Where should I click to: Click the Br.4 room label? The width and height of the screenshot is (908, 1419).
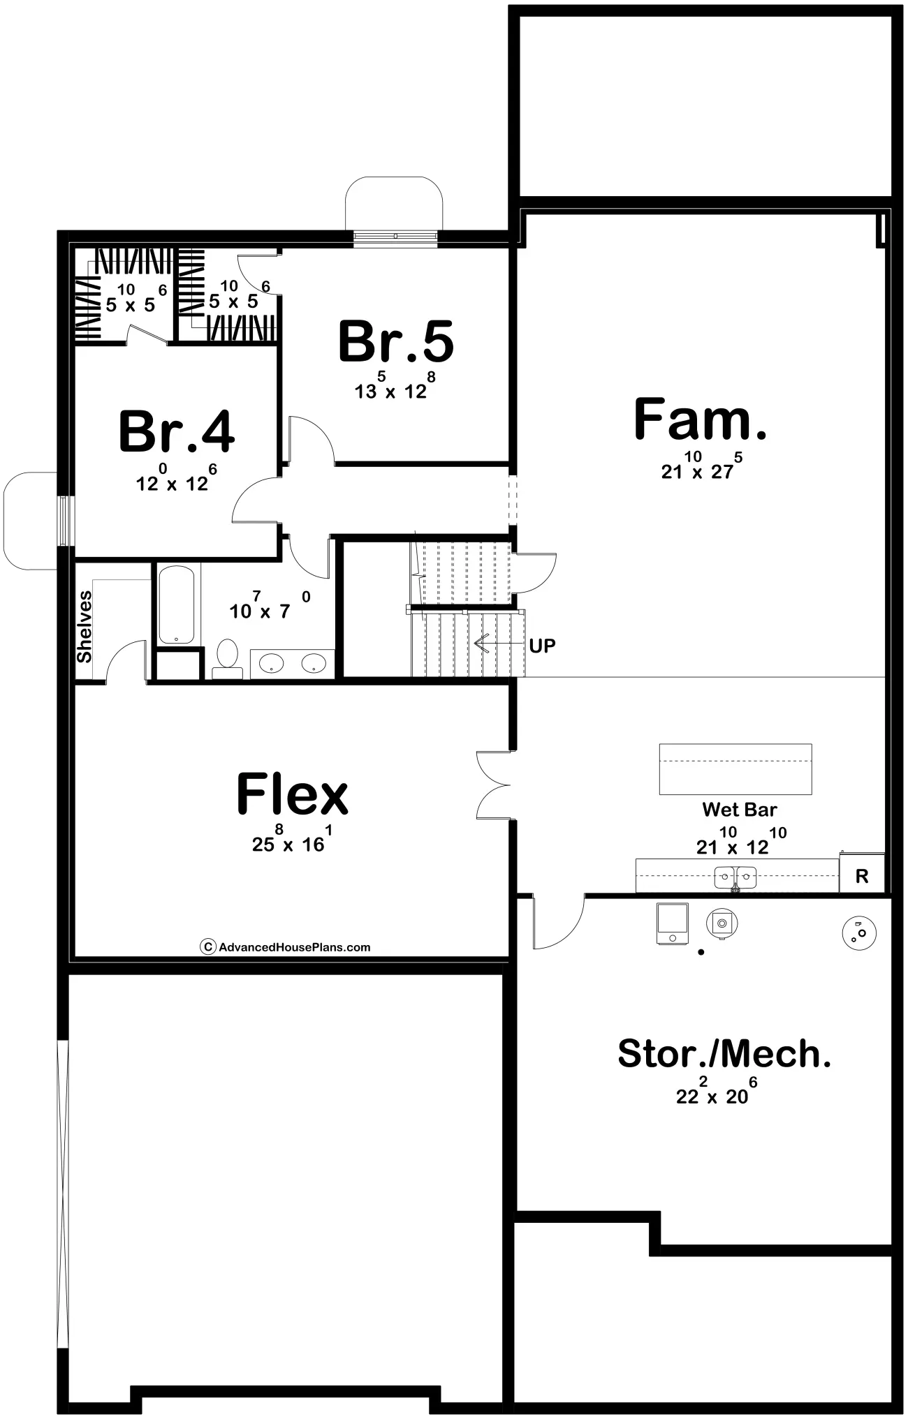pos(177,431)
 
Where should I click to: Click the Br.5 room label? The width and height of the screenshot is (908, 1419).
pos(396,341)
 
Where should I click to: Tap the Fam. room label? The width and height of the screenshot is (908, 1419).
pos(700,419)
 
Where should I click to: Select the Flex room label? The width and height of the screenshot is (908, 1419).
pos(292,794)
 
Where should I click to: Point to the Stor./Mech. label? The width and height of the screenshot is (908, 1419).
pos(724,1054)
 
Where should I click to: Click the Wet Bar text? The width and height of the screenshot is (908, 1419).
pos(739,810)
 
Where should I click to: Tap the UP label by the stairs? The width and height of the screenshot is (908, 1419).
pos(542,646)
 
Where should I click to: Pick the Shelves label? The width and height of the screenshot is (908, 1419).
pos(85,626)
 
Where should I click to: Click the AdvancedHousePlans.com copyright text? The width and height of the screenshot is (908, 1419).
pos(285,947)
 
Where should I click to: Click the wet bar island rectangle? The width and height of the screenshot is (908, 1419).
pos(735,769)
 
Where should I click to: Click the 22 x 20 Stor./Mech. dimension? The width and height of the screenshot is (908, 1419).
pos(717,1090)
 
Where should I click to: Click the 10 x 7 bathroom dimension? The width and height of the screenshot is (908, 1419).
pos(270,605)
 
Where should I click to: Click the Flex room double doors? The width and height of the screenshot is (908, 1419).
pos(494,785)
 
